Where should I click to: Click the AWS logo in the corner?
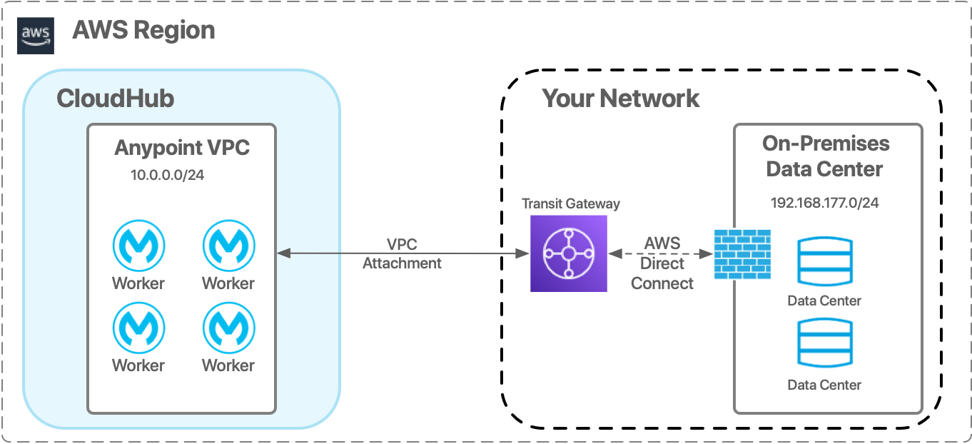pyautogui.click(x=35, y=36)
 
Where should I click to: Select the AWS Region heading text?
pyautogui.click(x=143, y=31)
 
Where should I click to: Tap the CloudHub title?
pyautogui.click(x=115, y=99)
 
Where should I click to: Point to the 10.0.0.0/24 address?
pyautogui.click(x=168, y=175)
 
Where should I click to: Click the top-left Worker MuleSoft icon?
pyautogui.click(x=138, y=246)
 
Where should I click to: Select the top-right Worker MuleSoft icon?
pyautogui.click(x=228, y=246)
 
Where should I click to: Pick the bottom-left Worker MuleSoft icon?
pyautogui.click(x=138, y=328)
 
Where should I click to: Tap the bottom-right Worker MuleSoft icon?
pyautogui.click(x=228, y=328)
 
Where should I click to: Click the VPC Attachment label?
pyautogui.click(x=402, y=253)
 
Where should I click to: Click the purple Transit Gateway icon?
pyautogui.click(x=568, y=253)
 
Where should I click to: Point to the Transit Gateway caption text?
pyautogui.click(x=570, y=203)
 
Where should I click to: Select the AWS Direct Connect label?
pyautogui.click(x=662, y=263)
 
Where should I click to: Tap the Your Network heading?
pyautogui.click(x=621, y=98)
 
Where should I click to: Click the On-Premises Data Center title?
pyautogui.click(x=825, y=156)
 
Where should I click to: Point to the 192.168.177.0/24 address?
pyautogui.click(x=824, y=203)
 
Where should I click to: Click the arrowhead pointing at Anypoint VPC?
pyautogui.click(x=283, y=253)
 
